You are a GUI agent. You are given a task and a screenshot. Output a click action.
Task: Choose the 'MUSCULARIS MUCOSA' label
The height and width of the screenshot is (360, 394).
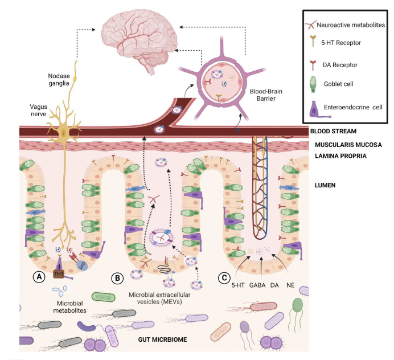click(348, 145)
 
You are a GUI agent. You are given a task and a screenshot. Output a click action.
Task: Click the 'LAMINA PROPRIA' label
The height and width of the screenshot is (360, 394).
click(340, 155)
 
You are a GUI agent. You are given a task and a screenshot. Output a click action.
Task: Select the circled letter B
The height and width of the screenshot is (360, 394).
click(116, 279)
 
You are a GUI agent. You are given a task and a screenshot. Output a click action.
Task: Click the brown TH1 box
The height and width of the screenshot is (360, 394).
click(58, 274)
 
